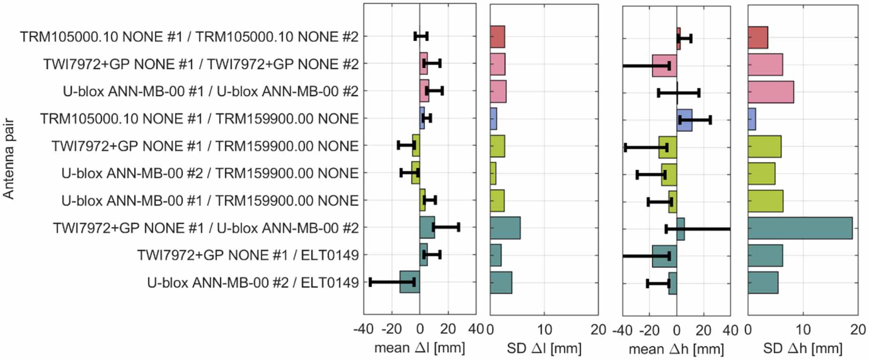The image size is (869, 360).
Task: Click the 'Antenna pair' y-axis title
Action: coord(8,159)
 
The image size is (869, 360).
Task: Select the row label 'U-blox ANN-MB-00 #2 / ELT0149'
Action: coord(253,283)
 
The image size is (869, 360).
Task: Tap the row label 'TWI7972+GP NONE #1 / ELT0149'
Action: coord(247,255)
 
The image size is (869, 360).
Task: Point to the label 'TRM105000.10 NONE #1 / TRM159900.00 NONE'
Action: coord(199,119)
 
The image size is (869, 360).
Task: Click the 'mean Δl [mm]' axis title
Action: coord(419,348)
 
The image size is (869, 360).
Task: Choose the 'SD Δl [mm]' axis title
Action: coord(544,348)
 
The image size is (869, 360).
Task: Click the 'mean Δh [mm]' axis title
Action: coord(676,349)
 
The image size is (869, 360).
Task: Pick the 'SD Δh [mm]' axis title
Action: coord(802,348)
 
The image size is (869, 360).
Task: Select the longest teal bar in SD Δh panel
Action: coord(800,228)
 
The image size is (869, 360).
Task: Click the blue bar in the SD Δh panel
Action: coord(752,119)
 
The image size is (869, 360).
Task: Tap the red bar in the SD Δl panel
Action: coord(497,37)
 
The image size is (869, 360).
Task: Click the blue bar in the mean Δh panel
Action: coord(684,121)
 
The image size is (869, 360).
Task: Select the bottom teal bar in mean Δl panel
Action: coord(409,282)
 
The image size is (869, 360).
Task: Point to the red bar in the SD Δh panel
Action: coord(758,38)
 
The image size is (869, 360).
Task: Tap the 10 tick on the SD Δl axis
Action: coord(544,329)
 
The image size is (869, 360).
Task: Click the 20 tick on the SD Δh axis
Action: coord(857,329)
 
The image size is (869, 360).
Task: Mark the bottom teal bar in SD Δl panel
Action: coord(500,283)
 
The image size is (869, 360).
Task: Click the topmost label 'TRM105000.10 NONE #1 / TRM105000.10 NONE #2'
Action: coord(189,37)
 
